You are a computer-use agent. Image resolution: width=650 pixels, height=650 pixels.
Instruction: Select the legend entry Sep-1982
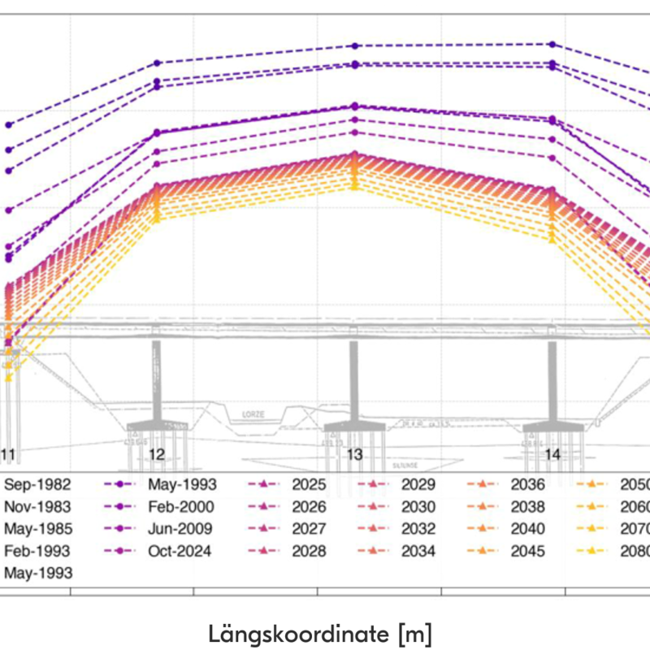37,485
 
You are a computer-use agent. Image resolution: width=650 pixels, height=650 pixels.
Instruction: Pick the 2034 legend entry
418,551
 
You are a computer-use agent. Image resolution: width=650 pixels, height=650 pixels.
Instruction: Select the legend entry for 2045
528,551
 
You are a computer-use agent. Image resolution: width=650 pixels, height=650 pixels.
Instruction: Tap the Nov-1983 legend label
37,507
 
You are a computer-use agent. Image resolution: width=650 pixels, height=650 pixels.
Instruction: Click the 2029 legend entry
418,485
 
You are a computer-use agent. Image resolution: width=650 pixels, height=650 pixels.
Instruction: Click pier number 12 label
158,455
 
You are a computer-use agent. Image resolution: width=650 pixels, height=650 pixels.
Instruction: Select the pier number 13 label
355,455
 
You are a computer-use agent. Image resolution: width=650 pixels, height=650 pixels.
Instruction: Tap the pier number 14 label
552,455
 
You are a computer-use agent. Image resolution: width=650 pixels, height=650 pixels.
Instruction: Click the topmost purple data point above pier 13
355,46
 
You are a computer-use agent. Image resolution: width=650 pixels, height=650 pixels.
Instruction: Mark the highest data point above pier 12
158,63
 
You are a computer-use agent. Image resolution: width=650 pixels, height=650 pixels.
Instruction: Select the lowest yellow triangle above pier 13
355,187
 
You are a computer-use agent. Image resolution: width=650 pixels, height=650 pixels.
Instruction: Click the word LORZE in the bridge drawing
254,414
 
